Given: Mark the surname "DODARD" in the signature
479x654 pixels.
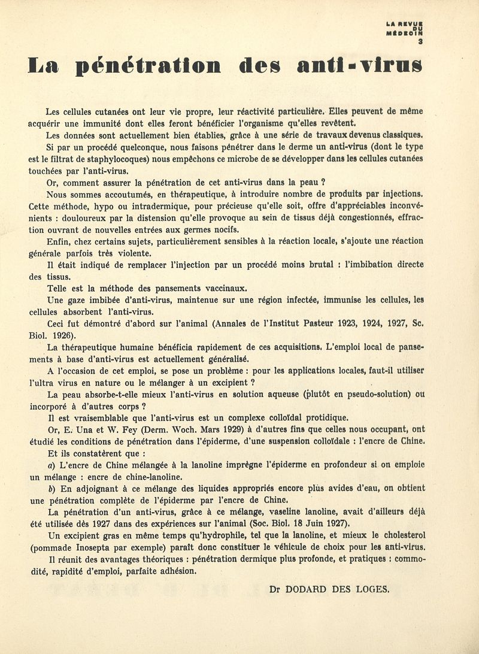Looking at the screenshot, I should point(310,589).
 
